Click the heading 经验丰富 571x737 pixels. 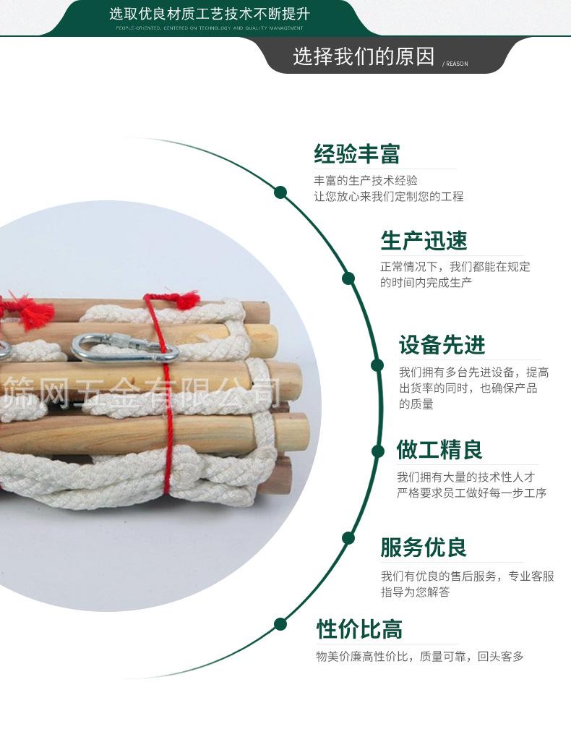point(356,154)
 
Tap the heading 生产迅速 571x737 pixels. point(424,241)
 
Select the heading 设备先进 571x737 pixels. point(442,345)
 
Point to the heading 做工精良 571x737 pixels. point(439,450)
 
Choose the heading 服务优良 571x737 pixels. point(424,548)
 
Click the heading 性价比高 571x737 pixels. point(359,629)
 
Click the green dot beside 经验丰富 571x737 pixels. point(280,192)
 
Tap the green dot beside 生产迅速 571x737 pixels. point(348,278)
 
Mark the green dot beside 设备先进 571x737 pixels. point(377,365)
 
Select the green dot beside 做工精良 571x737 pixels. point(377,451)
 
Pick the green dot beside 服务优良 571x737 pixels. point(348,538)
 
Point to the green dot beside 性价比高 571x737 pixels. point(280,624)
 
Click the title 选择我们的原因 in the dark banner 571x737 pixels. point(364,57)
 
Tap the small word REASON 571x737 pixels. point(456,64)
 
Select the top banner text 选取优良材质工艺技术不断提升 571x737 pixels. point(210,13)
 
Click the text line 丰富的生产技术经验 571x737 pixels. point(365,181)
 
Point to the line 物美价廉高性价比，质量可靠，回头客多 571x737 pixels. point(419,657)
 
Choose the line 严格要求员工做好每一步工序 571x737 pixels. point(471,493)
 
